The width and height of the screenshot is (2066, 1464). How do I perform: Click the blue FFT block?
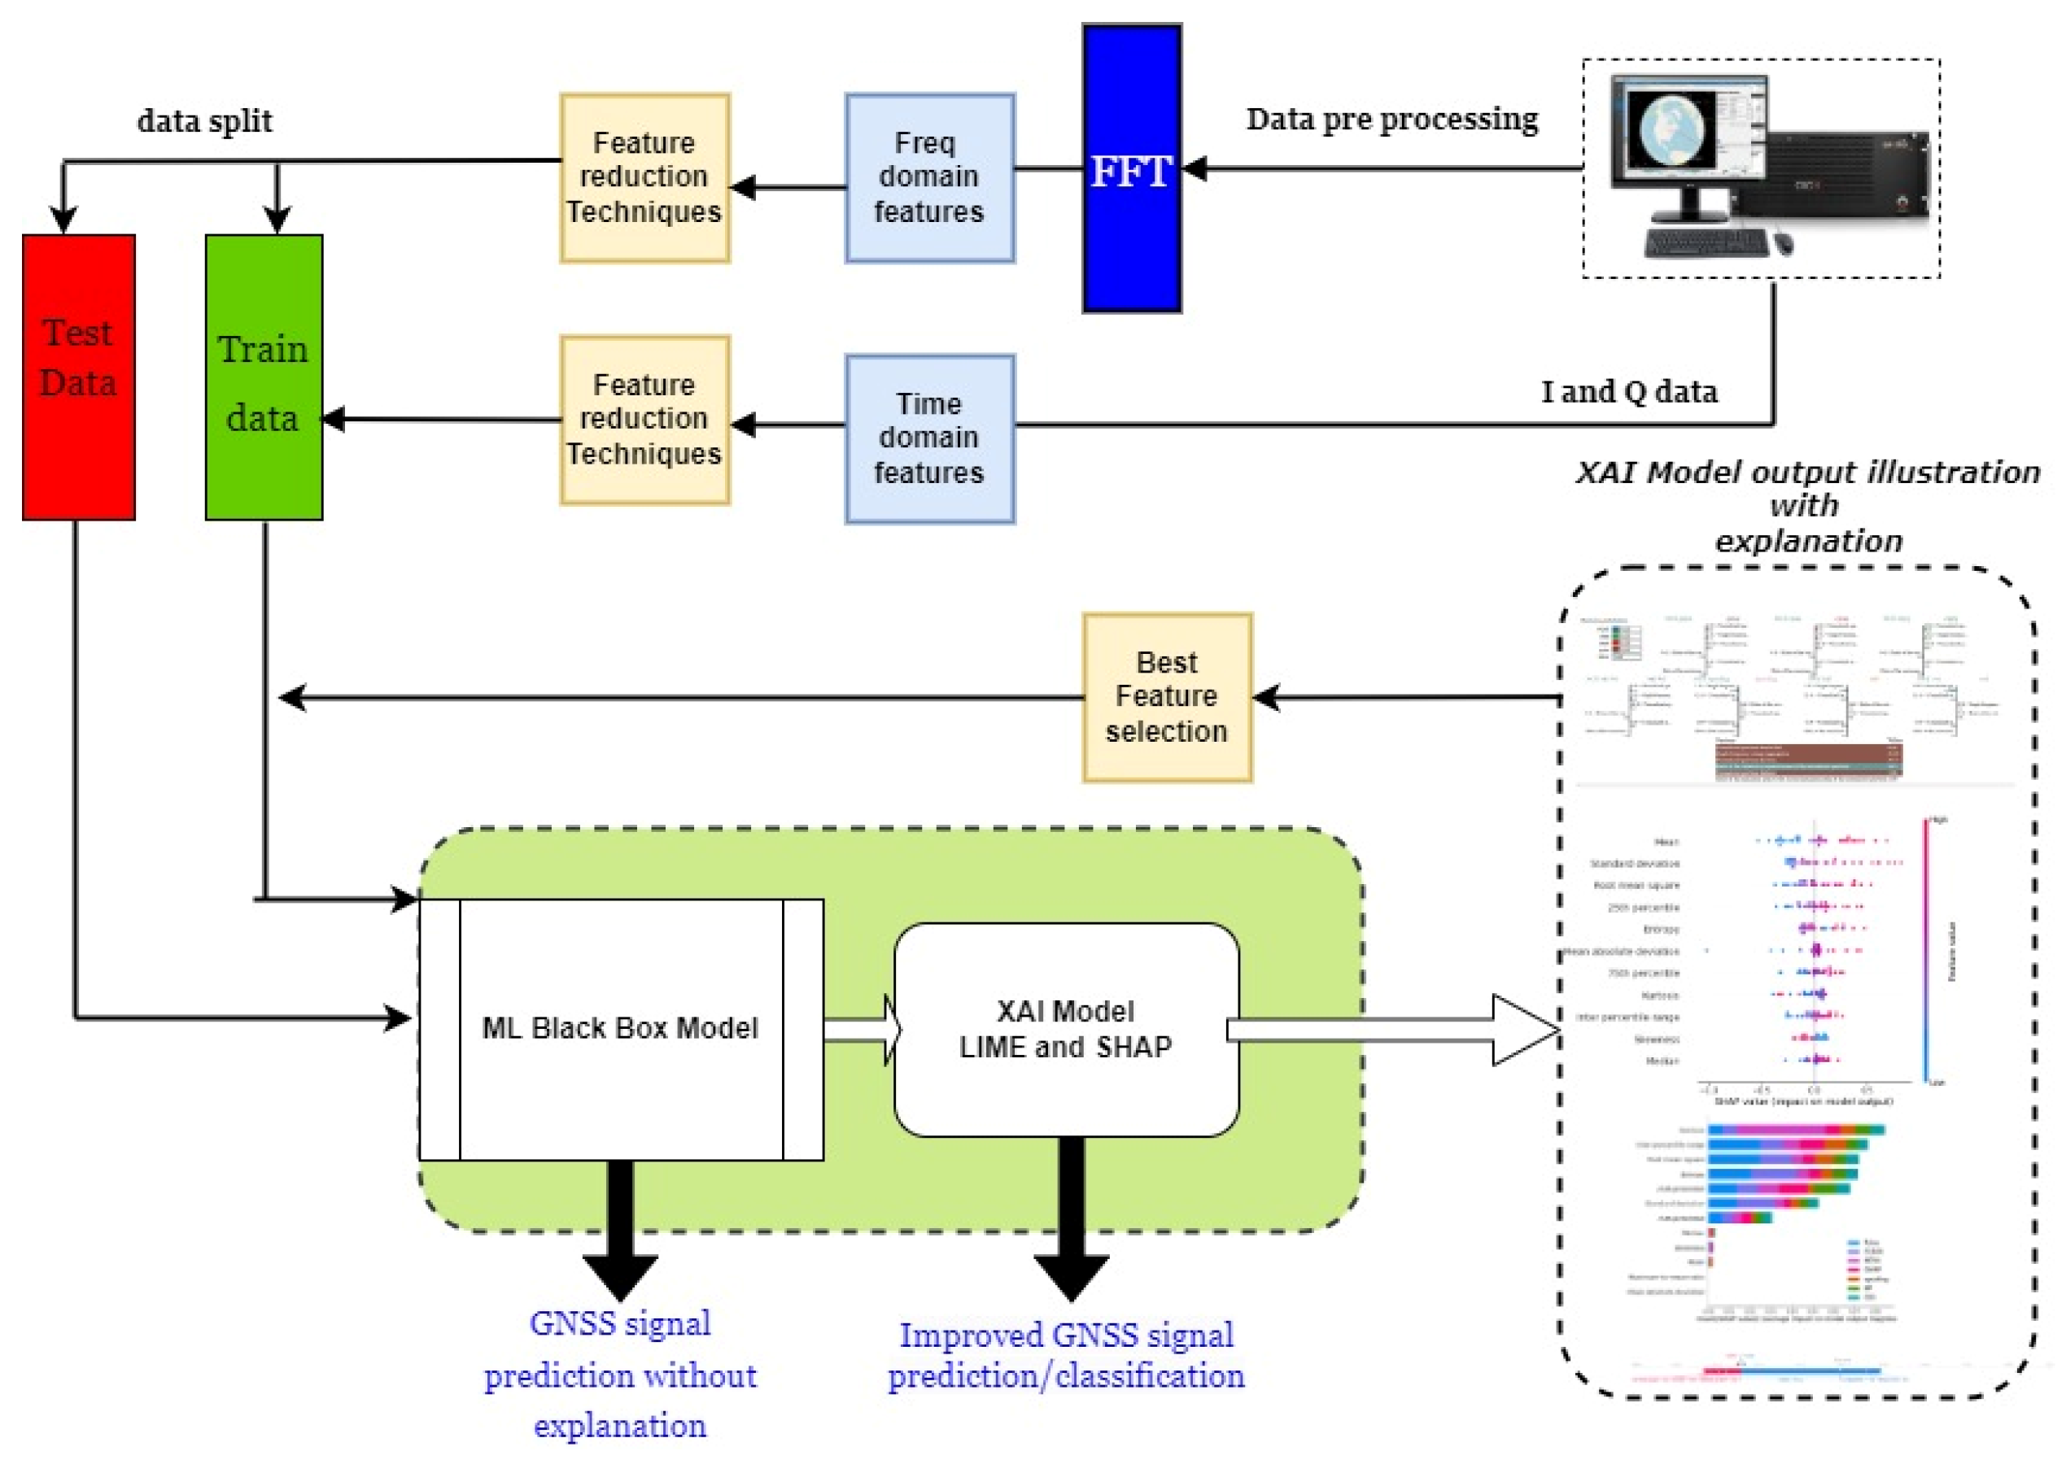(1131, 168)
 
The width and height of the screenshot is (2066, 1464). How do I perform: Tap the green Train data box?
(264, 377)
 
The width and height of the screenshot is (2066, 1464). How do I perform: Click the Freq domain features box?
(928, 177)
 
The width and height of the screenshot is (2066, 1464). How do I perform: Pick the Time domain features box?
(928, 438)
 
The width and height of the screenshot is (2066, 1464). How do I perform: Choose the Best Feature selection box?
(1166, 697)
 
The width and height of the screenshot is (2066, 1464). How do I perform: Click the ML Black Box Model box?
(620, 1029)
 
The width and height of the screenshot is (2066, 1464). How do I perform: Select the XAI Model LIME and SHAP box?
(1065, 1029)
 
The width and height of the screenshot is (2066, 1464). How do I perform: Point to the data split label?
(205, 121)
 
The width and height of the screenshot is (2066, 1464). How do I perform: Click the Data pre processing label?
(1391, 119)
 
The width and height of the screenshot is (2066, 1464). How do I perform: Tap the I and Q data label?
(1627, 391)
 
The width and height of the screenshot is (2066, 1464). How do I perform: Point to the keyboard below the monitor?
(1706, 242)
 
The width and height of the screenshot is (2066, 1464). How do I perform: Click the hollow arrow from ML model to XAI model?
(861, 1030)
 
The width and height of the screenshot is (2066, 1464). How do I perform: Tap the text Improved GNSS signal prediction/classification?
(1065, 1355)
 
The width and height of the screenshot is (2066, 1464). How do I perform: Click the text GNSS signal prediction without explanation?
(620, 1374)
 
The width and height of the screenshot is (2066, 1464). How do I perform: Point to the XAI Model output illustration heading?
(1806, 505)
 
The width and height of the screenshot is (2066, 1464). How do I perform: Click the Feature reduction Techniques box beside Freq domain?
(644, 177)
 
